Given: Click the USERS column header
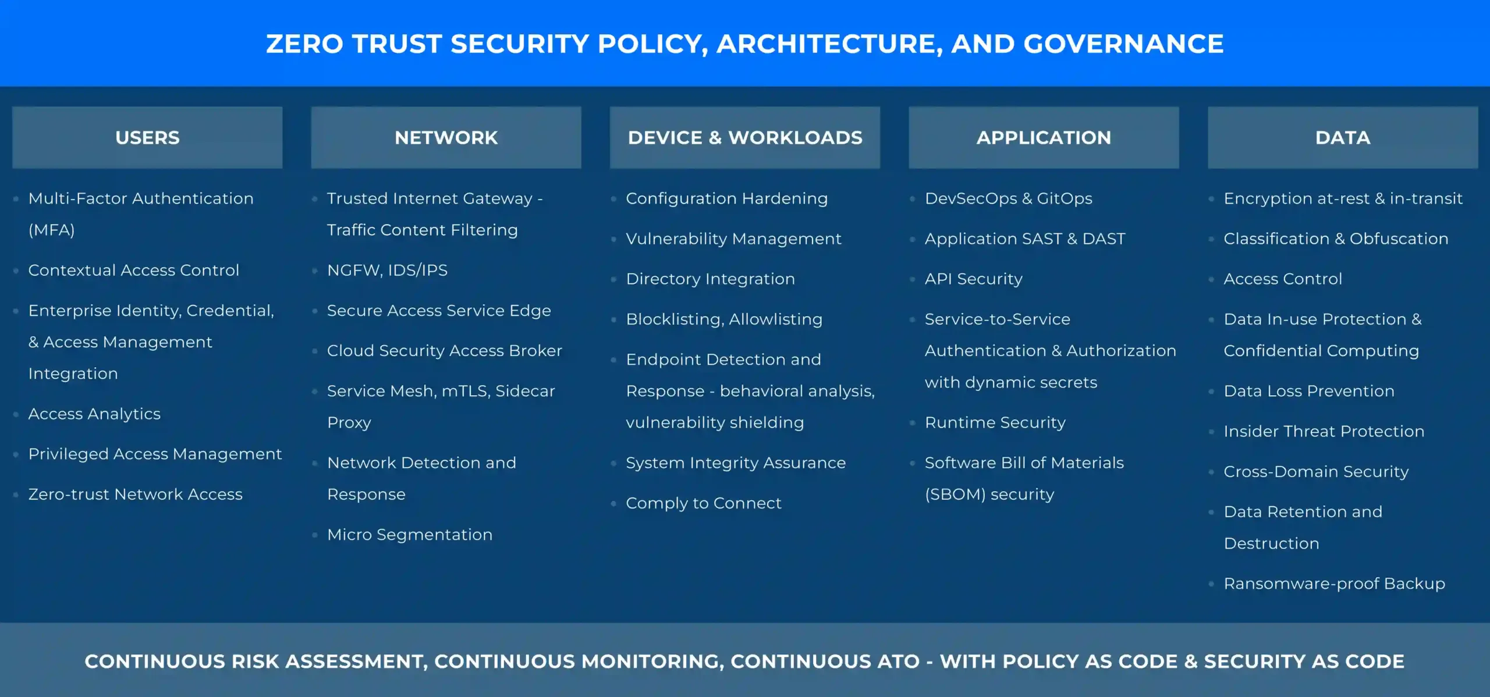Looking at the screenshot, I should pos(147,138).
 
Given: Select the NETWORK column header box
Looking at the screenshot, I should pos(446,138).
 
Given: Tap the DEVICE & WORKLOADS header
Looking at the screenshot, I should pos(745,138).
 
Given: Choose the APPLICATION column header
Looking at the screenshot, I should pos(1044,138).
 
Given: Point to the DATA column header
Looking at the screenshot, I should pos(1343,138).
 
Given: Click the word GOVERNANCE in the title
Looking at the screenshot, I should pos(1123,44).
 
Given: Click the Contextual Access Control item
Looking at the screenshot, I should pos(134,271).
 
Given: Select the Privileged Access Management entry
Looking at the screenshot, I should pos(155,454).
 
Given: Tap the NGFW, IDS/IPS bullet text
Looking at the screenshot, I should pos(387,271).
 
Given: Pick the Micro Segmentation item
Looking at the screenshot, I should pos(410,535).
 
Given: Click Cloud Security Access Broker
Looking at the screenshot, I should pos(445,351).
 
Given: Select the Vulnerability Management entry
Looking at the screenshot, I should pos(733,239).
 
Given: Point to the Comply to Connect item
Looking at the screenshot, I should pos(703,503).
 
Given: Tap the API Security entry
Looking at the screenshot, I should pos(973,279).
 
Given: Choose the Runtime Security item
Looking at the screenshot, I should pos(995,423).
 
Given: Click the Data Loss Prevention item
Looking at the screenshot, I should pos(1309,392).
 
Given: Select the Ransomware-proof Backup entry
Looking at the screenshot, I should pos(1334,584).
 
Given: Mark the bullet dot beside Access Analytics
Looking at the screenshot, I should pos(16,414).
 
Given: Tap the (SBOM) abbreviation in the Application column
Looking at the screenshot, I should pos(955,495).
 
